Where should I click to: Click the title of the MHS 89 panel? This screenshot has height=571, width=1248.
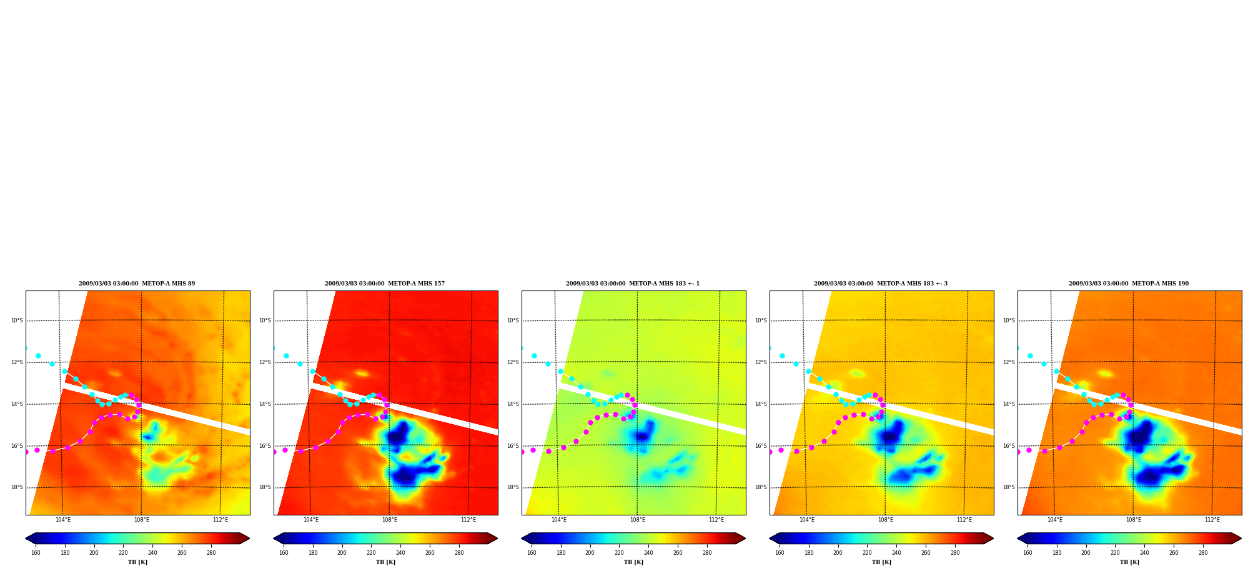137,284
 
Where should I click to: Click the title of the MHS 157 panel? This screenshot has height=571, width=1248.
385,284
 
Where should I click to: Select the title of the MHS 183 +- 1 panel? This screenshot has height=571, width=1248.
633,284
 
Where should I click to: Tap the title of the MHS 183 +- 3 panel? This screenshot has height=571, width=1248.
881,284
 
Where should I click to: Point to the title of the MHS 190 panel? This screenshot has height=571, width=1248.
1129,284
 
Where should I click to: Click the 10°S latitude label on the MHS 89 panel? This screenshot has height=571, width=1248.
17,320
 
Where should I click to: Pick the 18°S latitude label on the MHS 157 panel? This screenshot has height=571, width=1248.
265,487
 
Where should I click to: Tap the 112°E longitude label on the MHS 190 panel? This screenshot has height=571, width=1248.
1212,520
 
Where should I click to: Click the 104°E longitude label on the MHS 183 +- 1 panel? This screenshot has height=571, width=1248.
559,520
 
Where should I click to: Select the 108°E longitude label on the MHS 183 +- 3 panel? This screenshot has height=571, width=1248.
886,520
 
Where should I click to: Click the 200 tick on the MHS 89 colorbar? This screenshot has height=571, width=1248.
94,553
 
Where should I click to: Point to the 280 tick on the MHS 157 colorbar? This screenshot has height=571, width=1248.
459,553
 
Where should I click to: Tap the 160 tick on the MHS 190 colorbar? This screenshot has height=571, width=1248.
1028,553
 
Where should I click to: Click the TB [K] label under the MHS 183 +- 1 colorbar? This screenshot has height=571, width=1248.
633,562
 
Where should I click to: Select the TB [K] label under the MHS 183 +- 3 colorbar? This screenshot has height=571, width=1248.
881,562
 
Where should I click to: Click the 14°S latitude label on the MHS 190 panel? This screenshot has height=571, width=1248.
1009,404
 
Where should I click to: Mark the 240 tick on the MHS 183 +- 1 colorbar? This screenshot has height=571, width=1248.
648,553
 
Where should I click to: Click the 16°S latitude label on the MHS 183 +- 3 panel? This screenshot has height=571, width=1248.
761,446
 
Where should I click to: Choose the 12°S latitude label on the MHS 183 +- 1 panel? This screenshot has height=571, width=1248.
513,362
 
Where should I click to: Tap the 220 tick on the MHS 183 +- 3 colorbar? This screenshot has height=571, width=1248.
867,553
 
